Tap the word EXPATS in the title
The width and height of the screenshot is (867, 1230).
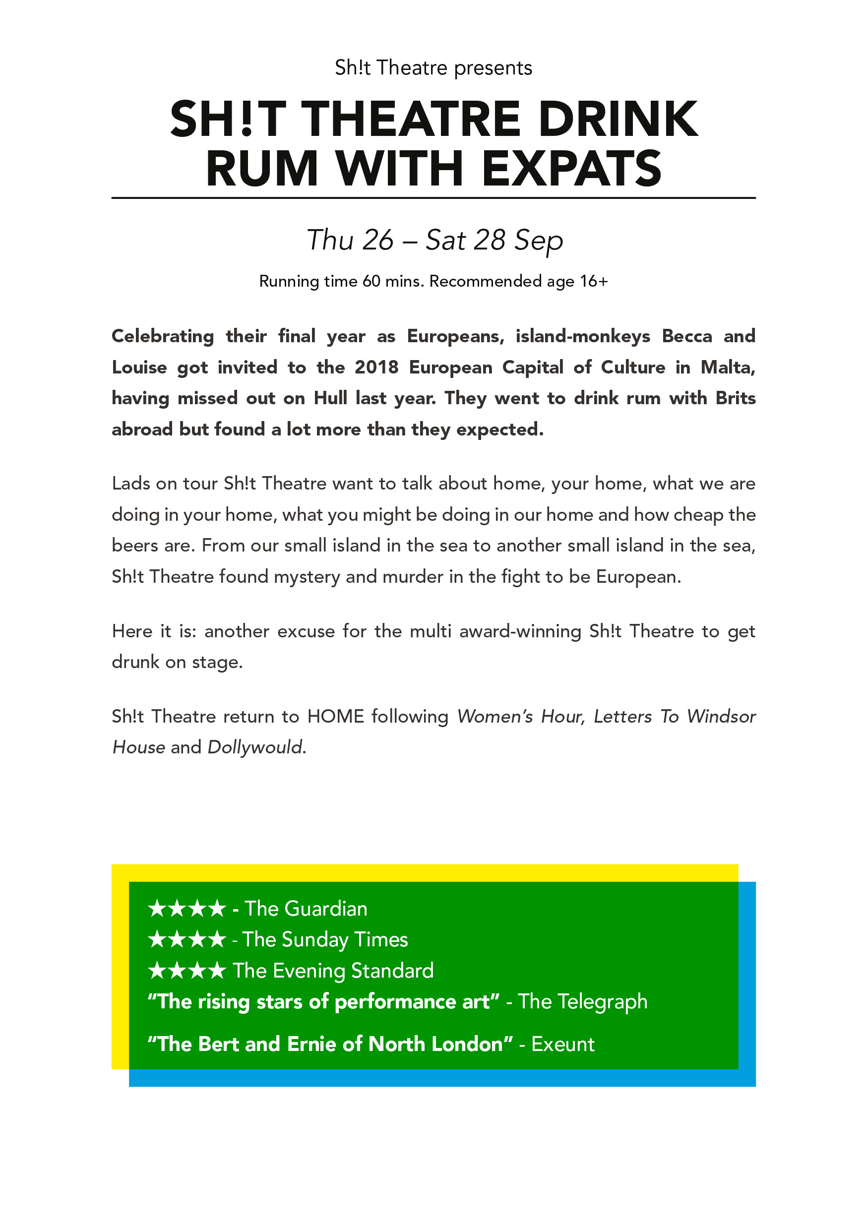572,168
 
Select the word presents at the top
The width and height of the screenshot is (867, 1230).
493,68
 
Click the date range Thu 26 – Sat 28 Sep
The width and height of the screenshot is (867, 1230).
434,240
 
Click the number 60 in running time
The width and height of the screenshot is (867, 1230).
372,281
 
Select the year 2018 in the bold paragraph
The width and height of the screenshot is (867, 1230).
376,368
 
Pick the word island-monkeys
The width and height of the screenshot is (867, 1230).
582,336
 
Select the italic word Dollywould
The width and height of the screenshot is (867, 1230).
256,747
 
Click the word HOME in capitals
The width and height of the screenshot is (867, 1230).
335,716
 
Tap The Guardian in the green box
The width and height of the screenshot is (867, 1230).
306,909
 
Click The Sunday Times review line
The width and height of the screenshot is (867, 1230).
325,940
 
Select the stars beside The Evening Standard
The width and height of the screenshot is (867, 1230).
186,971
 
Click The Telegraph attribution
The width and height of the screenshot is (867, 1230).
582,1002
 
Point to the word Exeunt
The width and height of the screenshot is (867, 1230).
562,1045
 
